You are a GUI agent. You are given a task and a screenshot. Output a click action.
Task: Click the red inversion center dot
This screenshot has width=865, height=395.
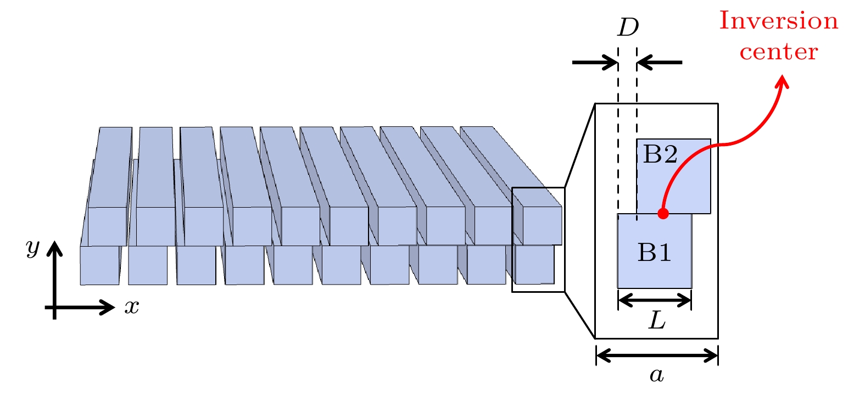coord(663,213)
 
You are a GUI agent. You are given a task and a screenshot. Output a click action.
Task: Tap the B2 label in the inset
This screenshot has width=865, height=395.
coord(660,154)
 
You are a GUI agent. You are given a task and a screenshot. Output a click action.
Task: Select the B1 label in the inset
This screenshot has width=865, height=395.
coord(655,252)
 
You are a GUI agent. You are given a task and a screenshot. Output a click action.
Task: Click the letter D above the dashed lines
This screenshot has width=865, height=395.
coord(628,27)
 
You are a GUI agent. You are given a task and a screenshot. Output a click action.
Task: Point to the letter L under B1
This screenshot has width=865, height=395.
coord(657,320)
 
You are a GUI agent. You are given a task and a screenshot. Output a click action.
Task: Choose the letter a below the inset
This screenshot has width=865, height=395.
coord(657,375)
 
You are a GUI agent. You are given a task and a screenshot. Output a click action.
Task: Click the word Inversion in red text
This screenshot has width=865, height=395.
coord(778,21)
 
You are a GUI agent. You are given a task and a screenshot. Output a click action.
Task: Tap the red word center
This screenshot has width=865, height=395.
coord(778,52)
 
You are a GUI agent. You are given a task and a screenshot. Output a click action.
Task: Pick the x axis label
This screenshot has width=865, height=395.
coord(132,307)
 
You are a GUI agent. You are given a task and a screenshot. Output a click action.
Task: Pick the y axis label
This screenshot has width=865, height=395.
coord(33,248)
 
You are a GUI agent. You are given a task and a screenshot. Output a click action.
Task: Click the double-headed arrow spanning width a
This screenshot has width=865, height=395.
coord(657,356)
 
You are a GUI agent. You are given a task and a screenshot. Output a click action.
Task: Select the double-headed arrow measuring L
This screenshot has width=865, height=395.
coord(655,300)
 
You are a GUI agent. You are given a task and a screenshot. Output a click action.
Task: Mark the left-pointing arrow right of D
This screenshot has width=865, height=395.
coord(660,62)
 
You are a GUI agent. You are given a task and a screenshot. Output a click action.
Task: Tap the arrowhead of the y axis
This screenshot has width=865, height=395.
coord(54,249)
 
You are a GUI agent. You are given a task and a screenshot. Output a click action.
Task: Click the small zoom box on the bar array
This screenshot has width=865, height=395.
coord(538,240)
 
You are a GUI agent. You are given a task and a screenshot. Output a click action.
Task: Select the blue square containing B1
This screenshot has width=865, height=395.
coord(655,264)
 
